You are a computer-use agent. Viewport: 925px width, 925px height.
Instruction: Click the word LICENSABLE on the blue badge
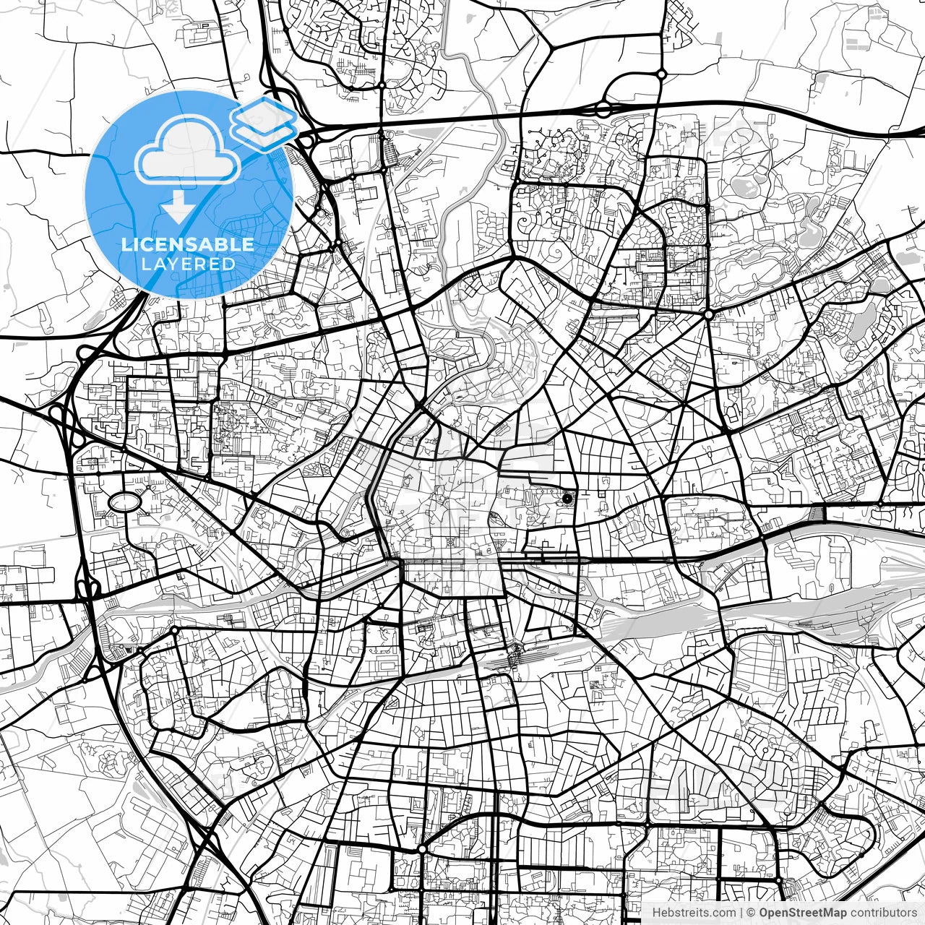point(188,244)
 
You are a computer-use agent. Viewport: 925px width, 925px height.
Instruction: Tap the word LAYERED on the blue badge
point(188,264)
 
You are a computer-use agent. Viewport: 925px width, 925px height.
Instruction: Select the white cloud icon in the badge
point(188,152)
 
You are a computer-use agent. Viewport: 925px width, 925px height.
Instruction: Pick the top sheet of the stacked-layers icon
point(264,112)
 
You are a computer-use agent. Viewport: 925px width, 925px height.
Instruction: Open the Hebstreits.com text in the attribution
point(694,913)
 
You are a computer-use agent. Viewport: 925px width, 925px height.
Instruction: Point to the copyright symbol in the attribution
point(752,913)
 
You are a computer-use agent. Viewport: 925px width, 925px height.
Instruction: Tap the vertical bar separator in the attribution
point(742,913)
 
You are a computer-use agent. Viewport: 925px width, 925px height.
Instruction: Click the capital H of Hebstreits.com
point(656,913)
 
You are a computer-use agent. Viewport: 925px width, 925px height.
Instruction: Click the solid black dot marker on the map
point(567,498)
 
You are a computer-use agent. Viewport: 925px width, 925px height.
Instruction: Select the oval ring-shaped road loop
point(124,501)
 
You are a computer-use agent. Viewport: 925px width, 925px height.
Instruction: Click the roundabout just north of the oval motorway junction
point(661,74)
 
